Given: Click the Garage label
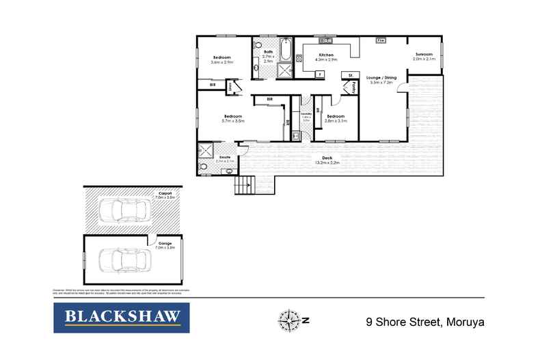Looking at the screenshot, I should pyautogui.click(x=165, y=243).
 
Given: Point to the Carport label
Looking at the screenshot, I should pyautogui.click(x=165, y=193).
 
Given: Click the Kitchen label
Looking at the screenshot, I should pyautogui.click(x=325, y=54).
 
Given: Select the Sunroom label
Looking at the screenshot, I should pyautogui.click(x=424, y=55).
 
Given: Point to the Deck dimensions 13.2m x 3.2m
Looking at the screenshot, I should pyautogui.click(x=327, y=163).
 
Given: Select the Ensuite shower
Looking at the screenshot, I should pyautogui.click(x=206, y=152).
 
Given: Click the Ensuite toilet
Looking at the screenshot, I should pyautogui.click(x=204, y=166).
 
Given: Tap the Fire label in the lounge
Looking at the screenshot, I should pyautogui.click(x=381, y=41).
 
